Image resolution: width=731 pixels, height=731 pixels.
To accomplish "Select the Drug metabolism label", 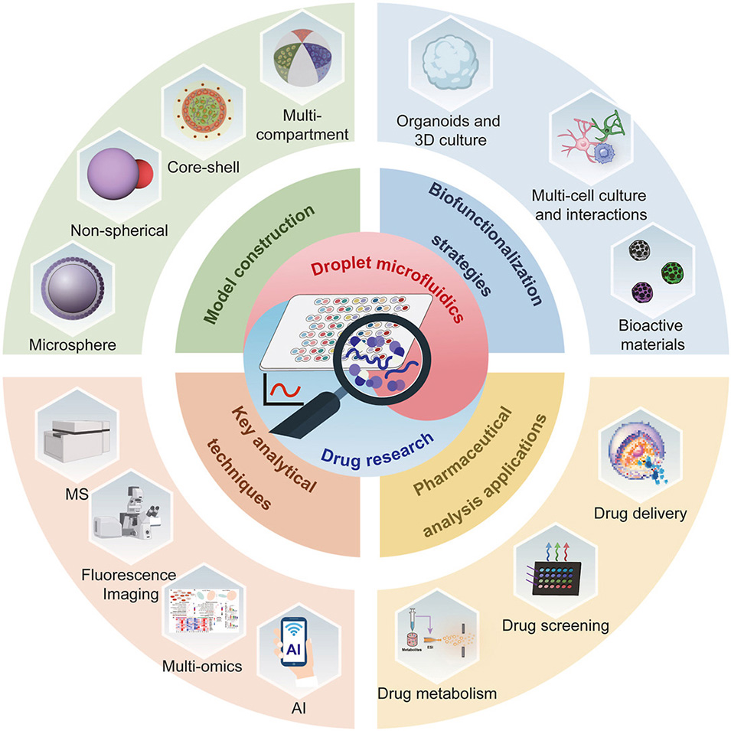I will point(437,693).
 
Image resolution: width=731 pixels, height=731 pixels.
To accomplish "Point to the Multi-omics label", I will point(202,666).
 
